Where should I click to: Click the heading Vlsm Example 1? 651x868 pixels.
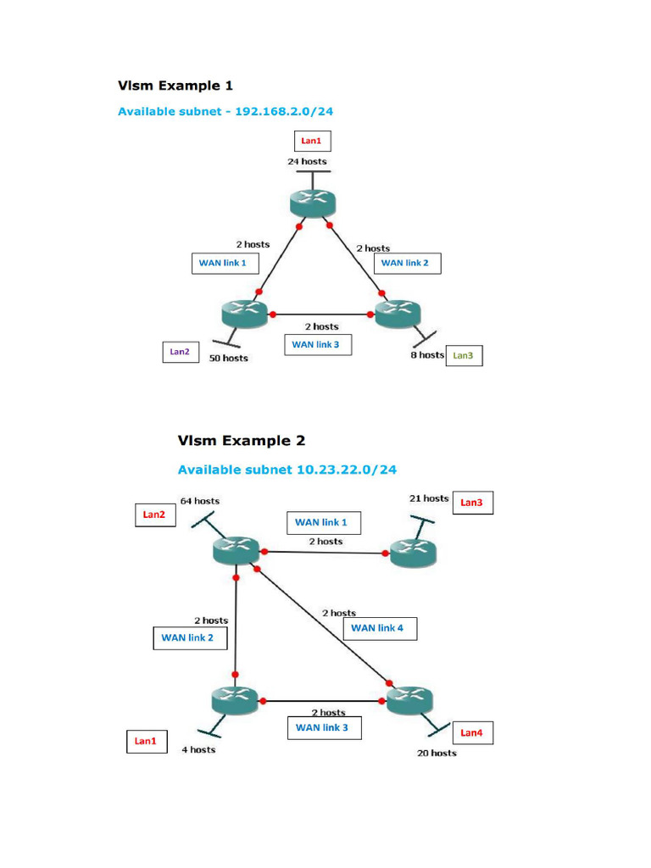click(175, 86)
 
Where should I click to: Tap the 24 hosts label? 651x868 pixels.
click(307, 161)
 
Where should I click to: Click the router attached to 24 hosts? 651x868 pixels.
click(312, 203)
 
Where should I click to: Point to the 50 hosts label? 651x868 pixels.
click(229, 358)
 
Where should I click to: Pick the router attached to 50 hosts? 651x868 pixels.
click(244, 314)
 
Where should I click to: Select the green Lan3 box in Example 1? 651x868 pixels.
click(464, 356)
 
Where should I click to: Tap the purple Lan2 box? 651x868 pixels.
click(180, 351)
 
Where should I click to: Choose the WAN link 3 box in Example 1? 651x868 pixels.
click(316, 344)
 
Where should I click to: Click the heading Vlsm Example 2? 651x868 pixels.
click(242, 441)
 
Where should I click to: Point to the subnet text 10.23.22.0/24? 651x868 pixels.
click(347, 469)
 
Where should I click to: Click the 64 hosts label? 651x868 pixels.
click(200, 501)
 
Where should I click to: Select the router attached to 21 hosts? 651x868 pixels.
click(413, 554)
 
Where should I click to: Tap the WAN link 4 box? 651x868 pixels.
click(378, 628)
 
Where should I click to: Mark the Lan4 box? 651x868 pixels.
click(471, 733)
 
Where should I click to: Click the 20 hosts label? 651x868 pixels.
click(437, 753)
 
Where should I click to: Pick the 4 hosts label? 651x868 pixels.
click(198, 749)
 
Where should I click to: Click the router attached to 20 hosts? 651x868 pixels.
click(410, 700)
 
